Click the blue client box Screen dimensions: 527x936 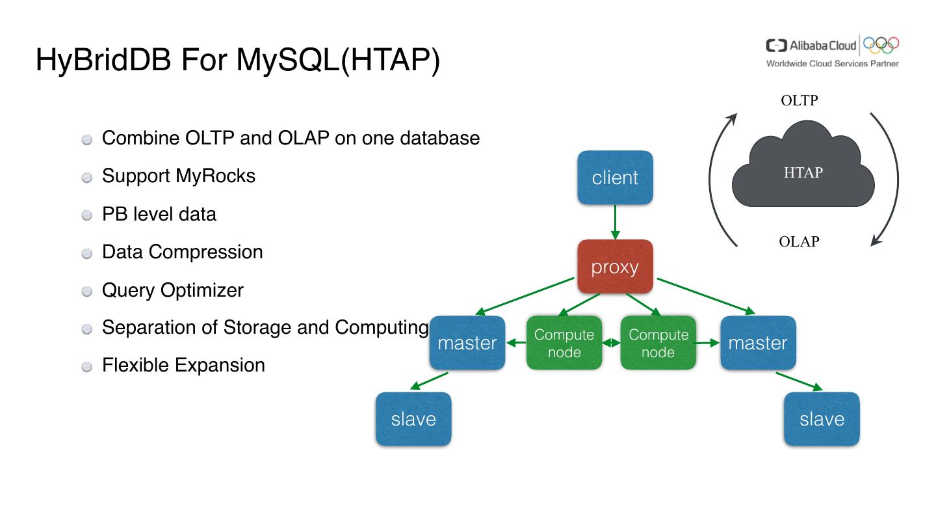615,178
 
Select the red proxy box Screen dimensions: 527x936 615,267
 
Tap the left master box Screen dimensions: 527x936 467,343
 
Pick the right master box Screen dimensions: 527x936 757,343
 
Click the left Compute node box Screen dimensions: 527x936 564,343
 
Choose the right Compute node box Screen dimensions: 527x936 658,343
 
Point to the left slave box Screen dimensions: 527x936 413,419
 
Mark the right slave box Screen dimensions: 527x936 822,419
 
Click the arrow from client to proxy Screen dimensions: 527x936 615,223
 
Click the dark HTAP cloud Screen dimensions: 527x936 803,172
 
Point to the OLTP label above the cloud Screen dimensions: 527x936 799,101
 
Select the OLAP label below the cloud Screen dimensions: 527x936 799,242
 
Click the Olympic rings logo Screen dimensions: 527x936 881,45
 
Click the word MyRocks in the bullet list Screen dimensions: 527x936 216,176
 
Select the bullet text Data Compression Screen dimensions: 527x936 182,252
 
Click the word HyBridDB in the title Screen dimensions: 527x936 104,60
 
